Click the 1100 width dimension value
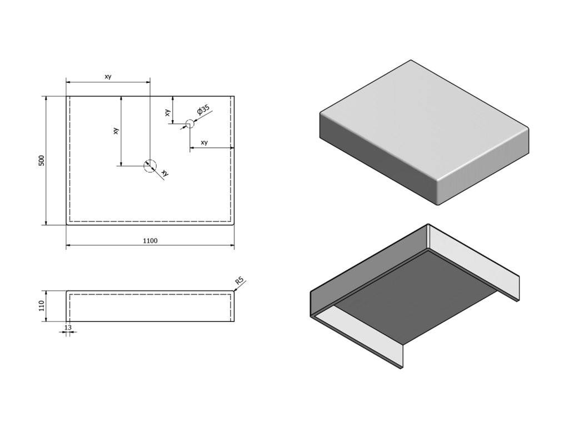[150, 241]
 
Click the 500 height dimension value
[41, 161]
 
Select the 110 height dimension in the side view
[41, 306]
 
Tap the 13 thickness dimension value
[68, 327]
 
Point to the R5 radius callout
[239, 282]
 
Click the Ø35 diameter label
[203, 110]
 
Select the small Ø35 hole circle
[189, 124]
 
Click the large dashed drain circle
[150, 166]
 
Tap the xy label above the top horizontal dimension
[108, 77]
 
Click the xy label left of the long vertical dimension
[116, 131]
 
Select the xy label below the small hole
[204, 143]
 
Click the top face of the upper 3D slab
[422, 120]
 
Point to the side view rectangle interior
[150, 306]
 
